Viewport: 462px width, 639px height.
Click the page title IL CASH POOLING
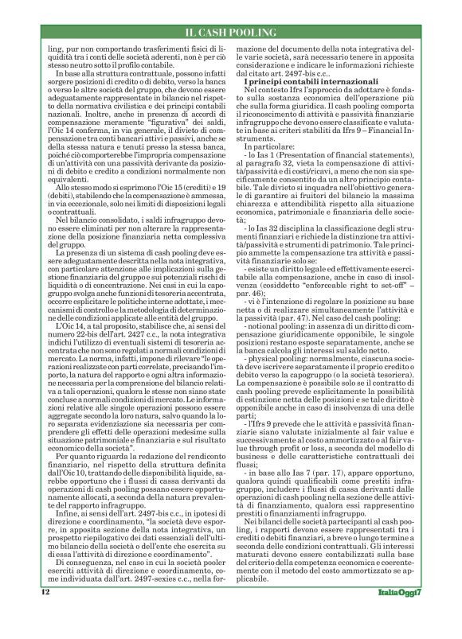(x=230, y=31)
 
